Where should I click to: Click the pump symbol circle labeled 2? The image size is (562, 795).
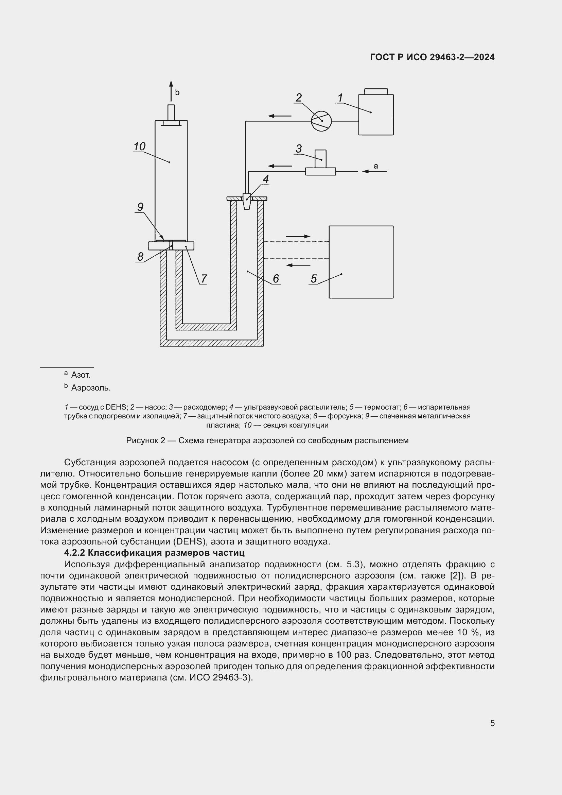[x=321, y=121]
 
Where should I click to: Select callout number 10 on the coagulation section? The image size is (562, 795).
[x=139, y=147]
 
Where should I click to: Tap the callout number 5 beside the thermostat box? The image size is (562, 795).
[x=314, y=278]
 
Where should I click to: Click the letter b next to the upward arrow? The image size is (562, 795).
[x=177, y=92]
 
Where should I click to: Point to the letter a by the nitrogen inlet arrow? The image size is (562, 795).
[x=376, y=166]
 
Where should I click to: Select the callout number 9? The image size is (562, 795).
[x=140, y=207]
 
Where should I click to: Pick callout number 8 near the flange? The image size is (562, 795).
[x=140, y=257]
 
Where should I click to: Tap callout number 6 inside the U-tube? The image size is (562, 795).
[x=276, y=278]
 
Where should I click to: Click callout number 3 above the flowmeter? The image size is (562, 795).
[x=298, y=149]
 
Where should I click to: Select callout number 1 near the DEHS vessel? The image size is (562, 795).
[x=340, y=98]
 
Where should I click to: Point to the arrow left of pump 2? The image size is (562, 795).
[x=280, y=116]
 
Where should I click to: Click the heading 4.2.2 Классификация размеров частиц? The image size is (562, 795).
[x=154, y=552]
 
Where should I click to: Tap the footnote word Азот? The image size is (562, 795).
[x=81, y=375]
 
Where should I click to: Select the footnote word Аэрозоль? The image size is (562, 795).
[x=91, y=388]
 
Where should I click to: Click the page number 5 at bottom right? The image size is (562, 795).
[x=492, y=723]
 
